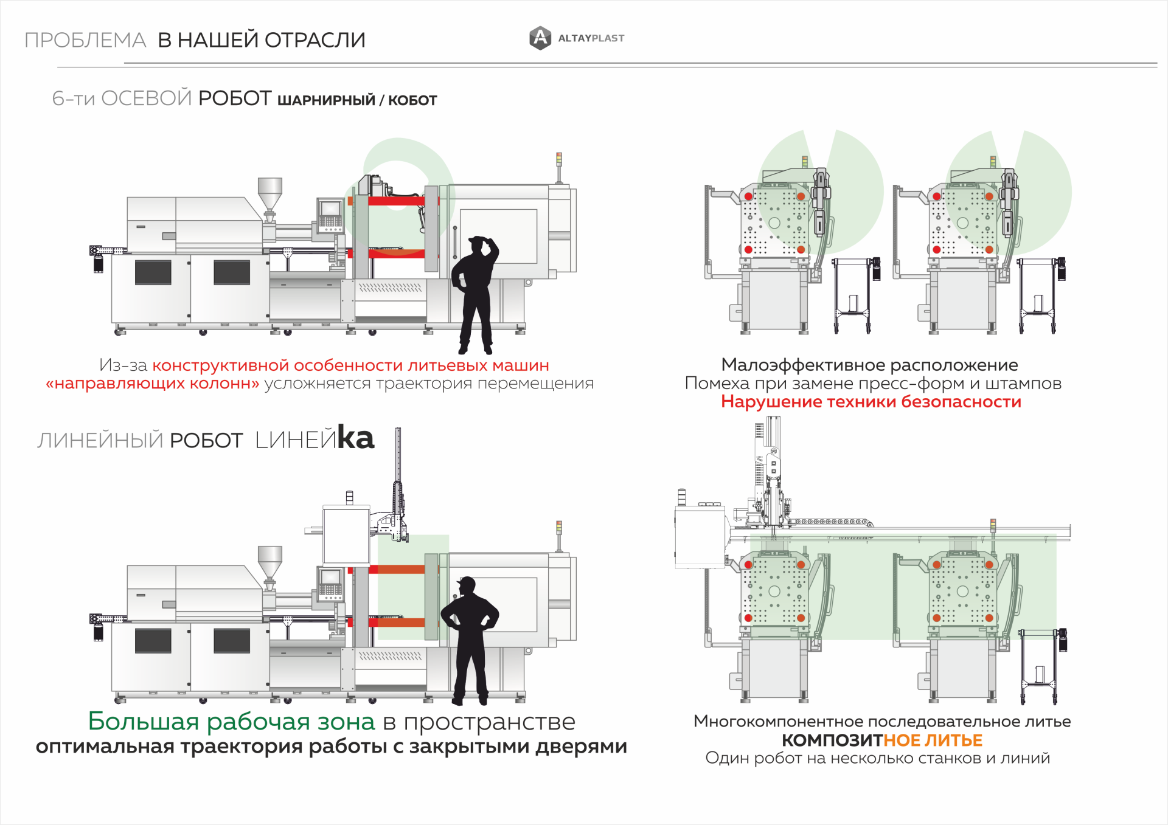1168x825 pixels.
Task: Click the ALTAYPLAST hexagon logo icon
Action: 540,38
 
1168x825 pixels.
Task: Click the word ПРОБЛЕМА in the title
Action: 85,40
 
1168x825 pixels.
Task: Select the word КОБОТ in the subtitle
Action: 412,100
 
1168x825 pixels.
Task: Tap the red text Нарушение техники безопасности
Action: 871,402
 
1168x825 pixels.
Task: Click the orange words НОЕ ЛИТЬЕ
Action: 933,740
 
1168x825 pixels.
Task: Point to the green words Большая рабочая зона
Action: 231,721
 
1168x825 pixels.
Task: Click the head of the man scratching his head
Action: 480,245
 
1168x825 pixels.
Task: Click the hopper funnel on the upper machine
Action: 269,192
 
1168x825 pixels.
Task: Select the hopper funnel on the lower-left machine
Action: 269,560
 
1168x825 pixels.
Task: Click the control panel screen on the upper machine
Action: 331,209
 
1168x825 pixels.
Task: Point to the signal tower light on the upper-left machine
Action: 559,159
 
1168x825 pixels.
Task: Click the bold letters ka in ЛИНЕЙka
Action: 356,438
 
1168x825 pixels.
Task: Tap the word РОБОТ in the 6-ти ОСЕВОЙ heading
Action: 235,98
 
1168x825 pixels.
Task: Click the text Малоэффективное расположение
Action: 869,365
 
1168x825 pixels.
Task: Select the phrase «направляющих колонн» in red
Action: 153,384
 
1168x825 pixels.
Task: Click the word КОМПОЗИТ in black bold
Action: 832,740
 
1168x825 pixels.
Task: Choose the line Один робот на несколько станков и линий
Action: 877,758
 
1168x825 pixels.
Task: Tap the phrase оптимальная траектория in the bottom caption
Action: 169,746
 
